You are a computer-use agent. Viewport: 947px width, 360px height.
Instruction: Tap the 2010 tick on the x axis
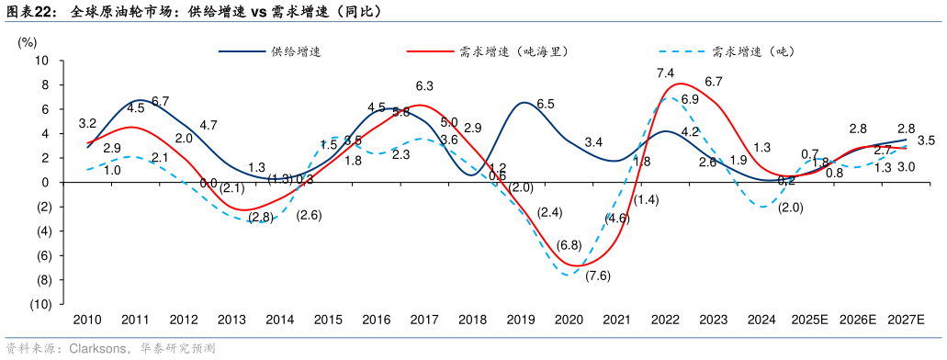tap(87, 319)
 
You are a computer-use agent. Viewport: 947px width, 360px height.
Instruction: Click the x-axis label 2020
tap(569, 319)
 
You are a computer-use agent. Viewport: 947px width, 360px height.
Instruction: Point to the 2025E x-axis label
tap(810, 319)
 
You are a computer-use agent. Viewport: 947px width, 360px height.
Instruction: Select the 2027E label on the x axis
tap(906, 319)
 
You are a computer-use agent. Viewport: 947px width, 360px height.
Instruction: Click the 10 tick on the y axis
tap(42, 61)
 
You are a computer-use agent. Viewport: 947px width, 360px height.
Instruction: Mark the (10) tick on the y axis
tap(40, 304)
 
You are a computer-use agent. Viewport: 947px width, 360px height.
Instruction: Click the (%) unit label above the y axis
tap(28, 41)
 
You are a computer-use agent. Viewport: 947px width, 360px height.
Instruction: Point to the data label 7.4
tap(666, 73)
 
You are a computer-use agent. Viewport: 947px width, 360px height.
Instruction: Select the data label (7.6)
tap(598, 276)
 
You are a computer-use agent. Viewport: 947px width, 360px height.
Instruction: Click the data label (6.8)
tap(569, 245)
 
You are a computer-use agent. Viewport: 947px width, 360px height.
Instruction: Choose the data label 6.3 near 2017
tap(424, 85)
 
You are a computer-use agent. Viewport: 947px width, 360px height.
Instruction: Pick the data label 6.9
tap(690, 99)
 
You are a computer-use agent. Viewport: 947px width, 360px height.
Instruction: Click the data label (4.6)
tap(617, 219)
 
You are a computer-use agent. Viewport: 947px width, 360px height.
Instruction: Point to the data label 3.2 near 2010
tap(88, 123)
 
